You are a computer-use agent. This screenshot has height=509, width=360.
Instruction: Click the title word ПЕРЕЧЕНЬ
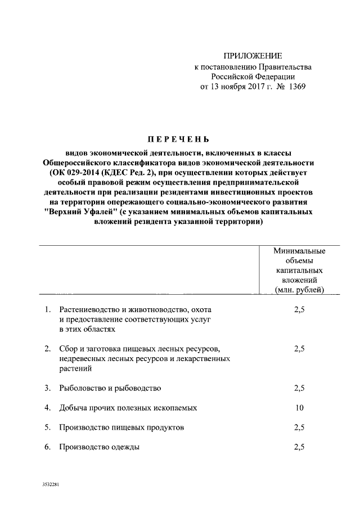(x=178, y=139)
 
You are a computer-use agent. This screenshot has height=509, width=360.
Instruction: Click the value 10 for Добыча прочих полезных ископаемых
(x=299, y=408)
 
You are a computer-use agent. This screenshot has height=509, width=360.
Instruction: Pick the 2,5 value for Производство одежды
(x=299, y=447)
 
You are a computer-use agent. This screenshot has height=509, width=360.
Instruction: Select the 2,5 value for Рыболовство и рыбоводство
(x=299, y=388)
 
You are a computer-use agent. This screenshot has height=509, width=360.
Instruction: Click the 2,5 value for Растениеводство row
(x=299, y=310)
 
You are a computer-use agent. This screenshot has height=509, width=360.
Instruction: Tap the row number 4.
(x=48, y=408)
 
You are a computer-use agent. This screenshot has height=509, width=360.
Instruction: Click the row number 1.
(x=48, y=310)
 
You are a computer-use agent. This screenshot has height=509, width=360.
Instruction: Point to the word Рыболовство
(x=82, y=388)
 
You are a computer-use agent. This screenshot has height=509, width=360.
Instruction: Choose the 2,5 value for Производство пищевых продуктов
(x=299, y=427)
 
